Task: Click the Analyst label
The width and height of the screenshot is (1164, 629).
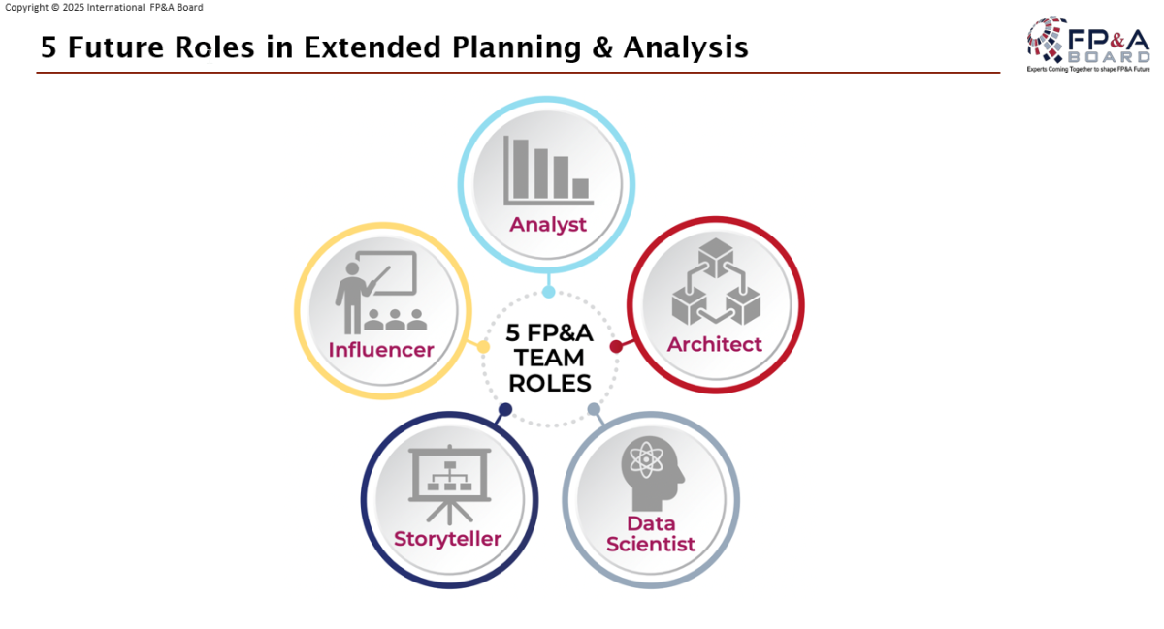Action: pyautogui.click(x=548, y=225)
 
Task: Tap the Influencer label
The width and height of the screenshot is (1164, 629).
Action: pyautogui.click(x=381, y=350)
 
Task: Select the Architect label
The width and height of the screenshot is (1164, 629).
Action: pyautogui.click(x=715, y=344)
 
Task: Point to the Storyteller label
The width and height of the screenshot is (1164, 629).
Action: pyautogui.click(x=447, y=539)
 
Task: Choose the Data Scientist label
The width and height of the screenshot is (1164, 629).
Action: pyautogui.click(x=651, y=533)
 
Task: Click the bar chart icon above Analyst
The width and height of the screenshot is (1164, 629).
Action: pyautogui.click(x=548, y=171)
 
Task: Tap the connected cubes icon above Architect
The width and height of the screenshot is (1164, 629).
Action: pyautogui.click(x=716, y=281)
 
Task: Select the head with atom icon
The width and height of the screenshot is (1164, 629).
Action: pyautogui.click(x=652, y=473)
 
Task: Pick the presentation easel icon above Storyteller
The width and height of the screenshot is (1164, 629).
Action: pyautogui.click(x=449, y=484)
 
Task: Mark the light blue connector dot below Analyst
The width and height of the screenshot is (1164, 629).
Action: pyautogui.click(x=548, y=292)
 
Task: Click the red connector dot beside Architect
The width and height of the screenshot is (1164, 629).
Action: pyautogui.click(x=616, y=346)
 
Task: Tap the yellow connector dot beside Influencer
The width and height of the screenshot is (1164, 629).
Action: pyautogui.click(x=483, y=346)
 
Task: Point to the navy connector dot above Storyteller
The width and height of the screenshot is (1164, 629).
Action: pyautogui.click(x=505, y=410)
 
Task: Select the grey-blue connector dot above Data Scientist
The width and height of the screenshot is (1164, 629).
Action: pyautogui.click(x=594, y=410)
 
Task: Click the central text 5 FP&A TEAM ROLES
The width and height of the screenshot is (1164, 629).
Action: pyautogui.click(x=550, y=358)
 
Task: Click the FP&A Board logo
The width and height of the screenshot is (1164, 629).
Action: pyautogui.click(x=1088, y=45)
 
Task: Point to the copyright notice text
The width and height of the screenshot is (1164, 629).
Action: pyautogui.click(x=104, y=8)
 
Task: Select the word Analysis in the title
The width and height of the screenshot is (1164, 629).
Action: pyautogui.click(x=686, y=47)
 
